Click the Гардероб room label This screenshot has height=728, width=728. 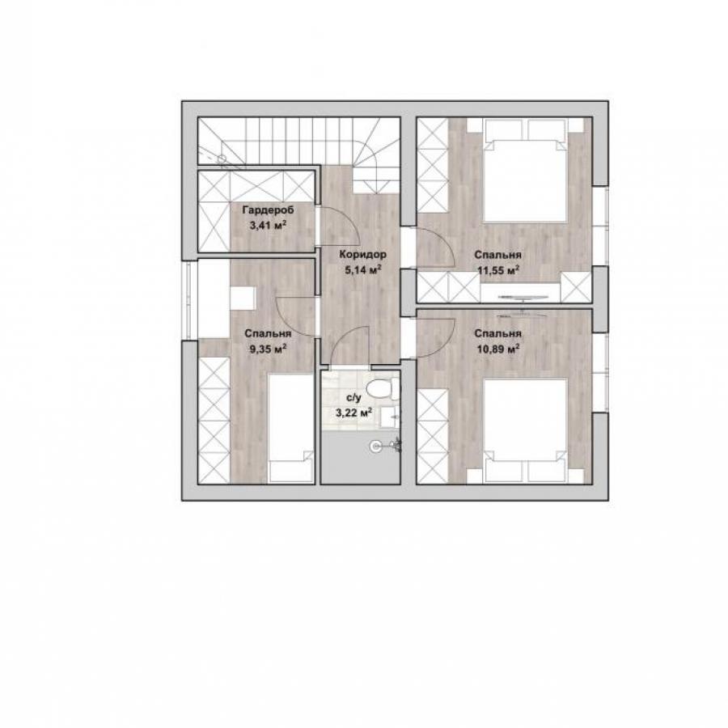[268, 210]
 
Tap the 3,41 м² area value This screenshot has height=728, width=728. [268, 226]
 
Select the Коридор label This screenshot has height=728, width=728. [362, 255]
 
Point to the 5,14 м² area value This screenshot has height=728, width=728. [363, 269]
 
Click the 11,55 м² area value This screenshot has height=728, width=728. [498, 270]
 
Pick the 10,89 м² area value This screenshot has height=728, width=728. [498, 349]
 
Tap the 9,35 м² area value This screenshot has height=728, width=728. [268, 349]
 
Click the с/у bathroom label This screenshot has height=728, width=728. [353, 398]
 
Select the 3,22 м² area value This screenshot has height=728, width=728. [353, 413]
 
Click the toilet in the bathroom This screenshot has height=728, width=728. [383, 388]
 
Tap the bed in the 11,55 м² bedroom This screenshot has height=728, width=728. [525, 170]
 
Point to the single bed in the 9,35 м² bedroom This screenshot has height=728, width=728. [291, 429]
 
